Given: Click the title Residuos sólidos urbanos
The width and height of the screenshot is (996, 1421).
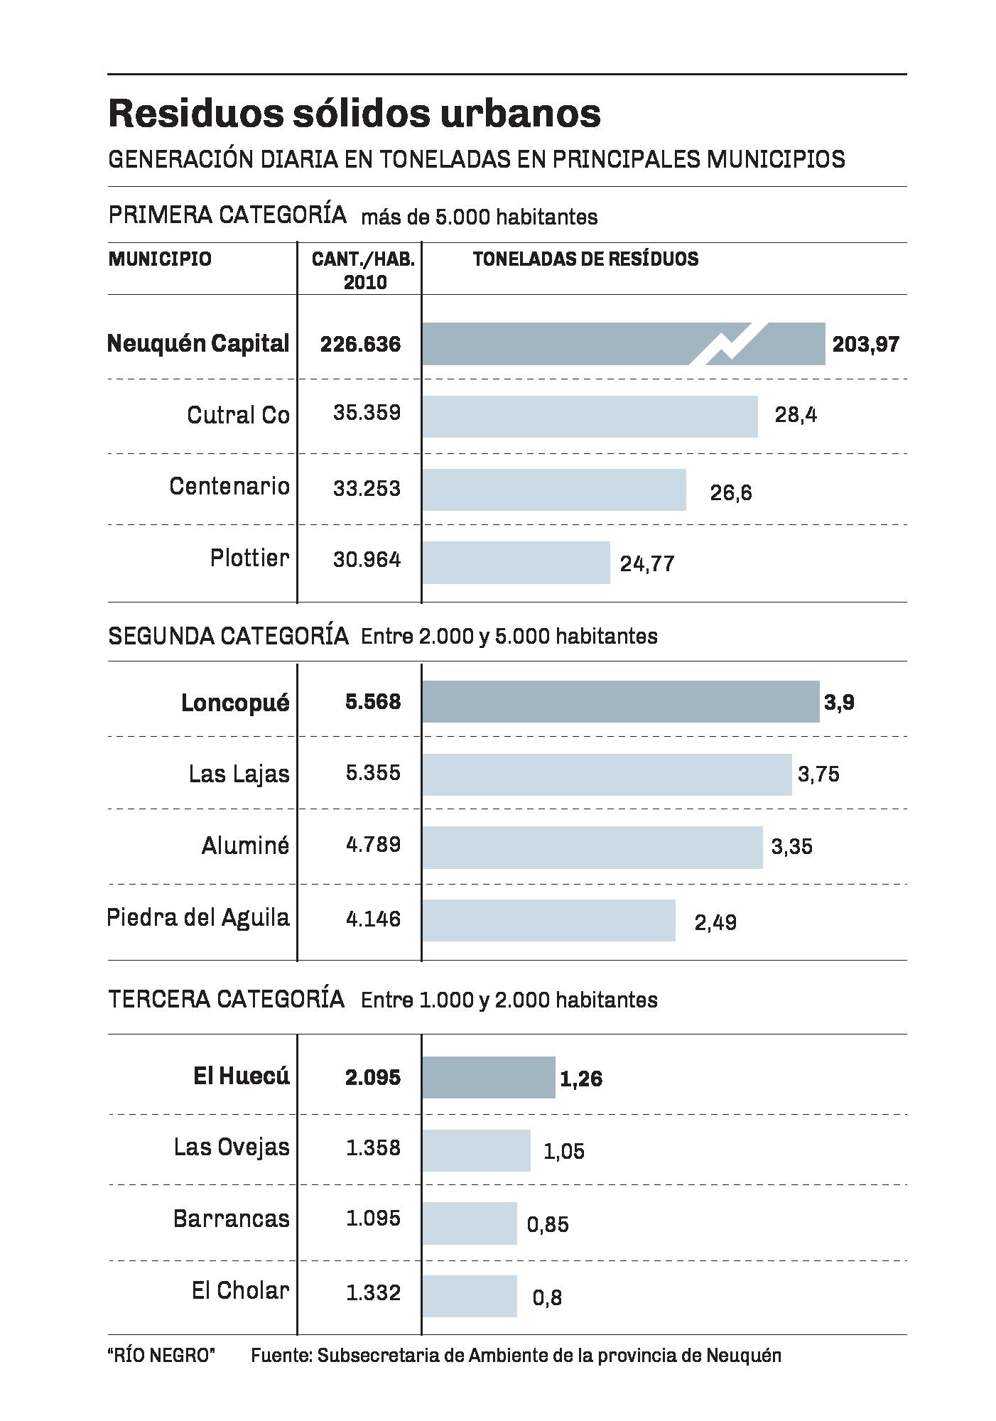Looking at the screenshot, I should coord(354,114).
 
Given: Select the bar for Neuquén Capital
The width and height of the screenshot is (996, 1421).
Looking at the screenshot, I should coord(554,344).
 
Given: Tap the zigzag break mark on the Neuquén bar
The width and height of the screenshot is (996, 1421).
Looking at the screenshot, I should coord(729,344).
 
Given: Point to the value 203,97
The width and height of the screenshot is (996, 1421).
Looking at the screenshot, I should coord(865,345).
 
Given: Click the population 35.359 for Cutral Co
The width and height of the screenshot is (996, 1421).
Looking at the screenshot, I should coord(367,413).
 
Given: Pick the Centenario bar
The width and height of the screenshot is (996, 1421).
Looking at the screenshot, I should coord(554,490).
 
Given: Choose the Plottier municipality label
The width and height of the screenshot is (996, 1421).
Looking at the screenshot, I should coord(250,558).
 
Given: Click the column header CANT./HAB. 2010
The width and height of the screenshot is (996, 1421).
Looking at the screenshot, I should coord(364,270).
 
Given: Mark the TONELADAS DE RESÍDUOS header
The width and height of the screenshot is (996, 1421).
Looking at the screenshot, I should coord(585,259).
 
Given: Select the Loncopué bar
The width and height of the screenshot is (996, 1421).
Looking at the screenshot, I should coord(619,702).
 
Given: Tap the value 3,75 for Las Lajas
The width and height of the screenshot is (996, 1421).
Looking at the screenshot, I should coord(818,774).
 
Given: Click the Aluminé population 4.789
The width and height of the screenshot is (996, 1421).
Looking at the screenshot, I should coord(373,845).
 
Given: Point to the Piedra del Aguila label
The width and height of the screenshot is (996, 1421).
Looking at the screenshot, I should coord(198,918).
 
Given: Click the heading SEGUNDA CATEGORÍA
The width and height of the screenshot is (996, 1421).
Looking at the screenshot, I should coord(228,636).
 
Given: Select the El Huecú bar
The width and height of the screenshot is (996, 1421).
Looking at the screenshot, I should coord(489,1078).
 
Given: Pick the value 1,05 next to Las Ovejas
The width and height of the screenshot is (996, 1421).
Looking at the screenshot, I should coord(564,1151).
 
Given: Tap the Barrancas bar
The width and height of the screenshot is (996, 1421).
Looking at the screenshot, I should coord(470,1223).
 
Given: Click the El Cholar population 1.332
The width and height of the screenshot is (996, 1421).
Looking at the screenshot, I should coord(373,1293).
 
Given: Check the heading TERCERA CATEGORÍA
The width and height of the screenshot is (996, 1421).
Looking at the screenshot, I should coord(226,1000).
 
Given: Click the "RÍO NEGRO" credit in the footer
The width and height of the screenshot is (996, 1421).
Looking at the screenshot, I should coord(161,1356).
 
